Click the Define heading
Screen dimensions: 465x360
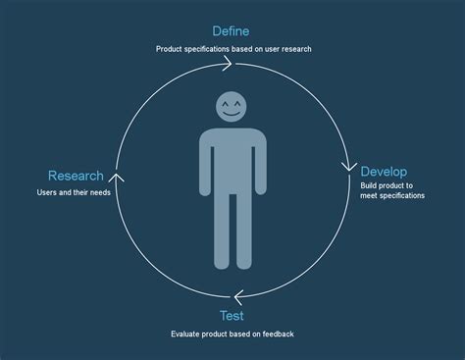click(x=231, y=30)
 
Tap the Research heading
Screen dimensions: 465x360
click(x=76, y=176)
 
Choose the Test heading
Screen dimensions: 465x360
click(x=232, y=315)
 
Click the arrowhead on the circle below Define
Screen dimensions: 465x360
click(x=227, y=64)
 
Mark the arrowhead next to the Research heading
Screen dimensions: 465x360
click(x=117, y=177)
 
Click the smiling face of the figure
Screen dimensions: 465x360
click(x=232, y=107)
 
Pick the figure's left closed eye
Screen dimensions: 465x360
click(x=224, y=102)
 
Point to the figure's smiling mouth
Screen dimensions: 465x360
click(x=232, y=114)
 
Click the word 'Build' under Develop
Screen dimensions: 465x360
click(x=370, y=184)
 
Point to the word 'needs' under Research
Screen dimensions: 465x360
click(x=97, y=192)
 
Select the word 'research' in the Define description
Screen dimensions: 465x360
click(x=294, y=48)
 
